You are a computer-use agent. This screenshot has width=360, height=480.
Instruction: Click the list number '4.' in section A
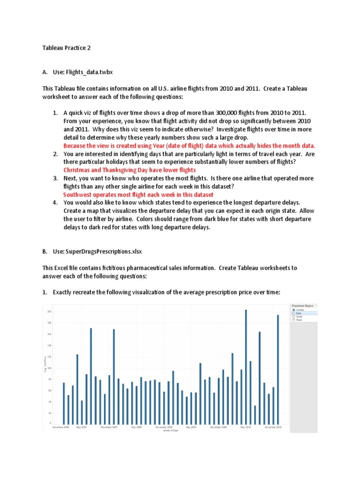(55, 202)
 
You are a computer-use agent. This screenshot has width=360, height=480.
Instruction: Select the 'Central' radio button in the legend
(293, 310)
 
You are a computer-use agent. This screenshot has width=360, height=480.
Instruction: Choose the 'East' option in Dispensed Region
(293, 313)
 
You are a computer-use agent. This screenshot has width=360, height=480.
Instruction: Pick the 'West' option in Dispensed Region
(293, 320)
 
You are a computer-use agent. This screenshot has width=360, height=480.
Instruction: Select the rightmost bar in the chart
(277, 369)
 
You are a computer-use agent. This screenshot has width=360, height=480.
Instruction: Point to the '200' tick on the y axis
(49, 312)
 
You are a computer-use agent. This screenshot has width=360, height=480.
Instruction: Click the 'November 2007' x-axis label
(110, 427)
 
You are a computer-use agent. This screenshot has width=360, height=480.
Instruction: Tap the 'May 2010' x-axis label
(246, 427)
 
